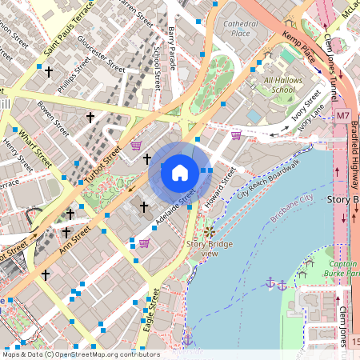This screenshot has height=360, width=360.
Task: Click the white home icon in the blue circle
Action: coord(180,172)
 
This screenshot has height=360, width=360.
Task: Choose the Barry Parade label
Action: coord(171,41)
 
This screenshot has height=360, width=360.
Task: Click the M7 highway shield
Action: coord(342,116)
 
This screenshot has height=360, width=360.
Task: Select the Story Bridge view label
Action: coord(202,248)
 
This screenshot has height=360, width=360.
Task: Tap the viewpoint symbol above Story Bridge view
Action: coord(210,231)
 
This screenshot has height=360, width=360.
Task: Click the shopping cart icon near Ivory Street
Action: coord(236,134)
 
